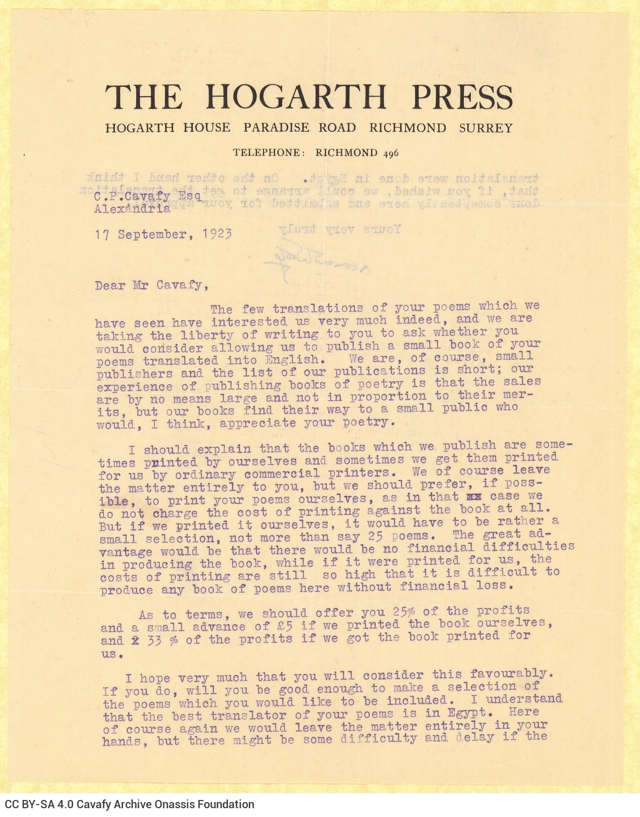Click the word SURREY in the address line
485,128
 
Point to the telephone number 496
391,153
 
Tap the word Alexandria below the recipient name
132,209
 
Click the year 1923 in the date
217,234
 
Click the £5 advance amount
281,626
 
